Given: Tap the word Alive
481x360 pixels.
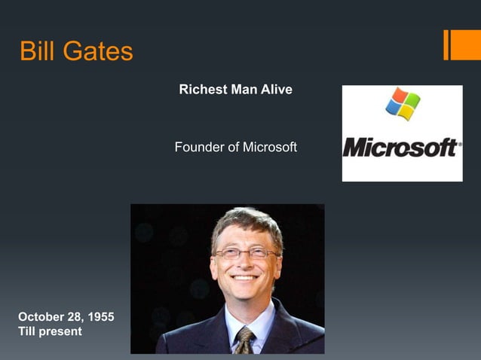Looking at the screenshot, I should pos(277,90).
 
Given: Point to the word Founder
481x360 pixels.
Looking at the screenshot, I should pos(198,147).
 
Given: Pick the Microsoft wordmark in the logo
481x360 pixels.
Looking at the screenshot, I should pos(402,147).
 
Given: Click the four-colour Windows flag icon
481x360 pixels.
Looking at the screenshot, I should pos(403,104).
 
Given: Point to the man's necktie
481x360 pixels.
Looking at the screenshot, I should pos(244,340).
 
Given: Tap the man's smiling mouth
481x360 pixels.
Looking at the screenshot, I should pos(244,279).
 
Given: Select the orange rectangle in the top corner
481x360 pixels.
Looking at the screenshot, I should pos(462,44).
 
